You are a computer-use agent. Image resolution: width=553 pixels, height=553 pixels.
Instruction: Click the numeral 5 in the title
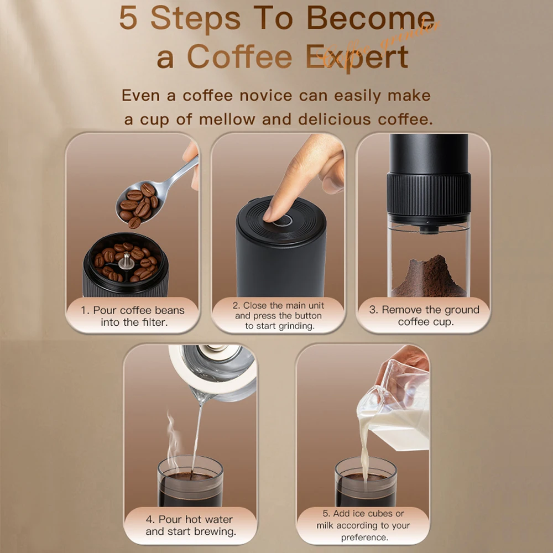click(x=128, y=19)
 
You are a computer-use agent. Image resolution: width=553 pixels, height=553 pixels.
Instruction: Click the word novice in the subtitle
click(x=264, y=95)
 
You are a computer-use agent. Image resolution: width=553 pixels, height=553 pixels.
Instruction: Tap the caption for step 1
click(x=133, y=316)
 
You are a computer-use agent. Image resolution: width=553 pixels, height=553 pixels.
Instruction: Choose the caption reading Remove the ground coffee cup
click(x=424, y=316)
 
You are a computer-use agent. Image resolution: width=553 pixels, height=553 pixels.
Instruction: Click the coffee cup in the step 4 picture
click(x=191, y=481)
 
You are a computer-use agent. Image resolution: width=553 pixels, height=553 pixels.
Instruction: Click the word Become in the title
click(x=371, y=19)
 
